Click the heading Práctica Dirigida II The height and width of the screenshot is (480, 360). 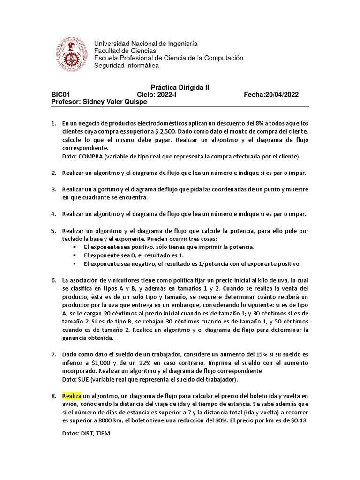pos(180,87)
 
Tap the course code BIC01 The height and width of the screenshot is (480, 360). pos(60,94)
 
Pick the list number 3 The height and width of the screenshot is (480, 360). pos(53,189)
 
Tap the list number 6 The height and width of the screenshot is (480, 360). pos(53,280)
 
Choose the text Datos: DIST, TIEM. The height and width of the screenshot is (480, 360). pos(87,434)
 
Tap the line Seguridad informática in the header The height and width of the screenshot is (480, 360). pos(127,66)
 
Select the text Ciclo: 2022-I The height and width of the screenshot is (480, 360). pos(157,94)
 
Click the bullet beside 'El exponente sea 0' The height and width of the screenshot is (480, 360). pos(75,255)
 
